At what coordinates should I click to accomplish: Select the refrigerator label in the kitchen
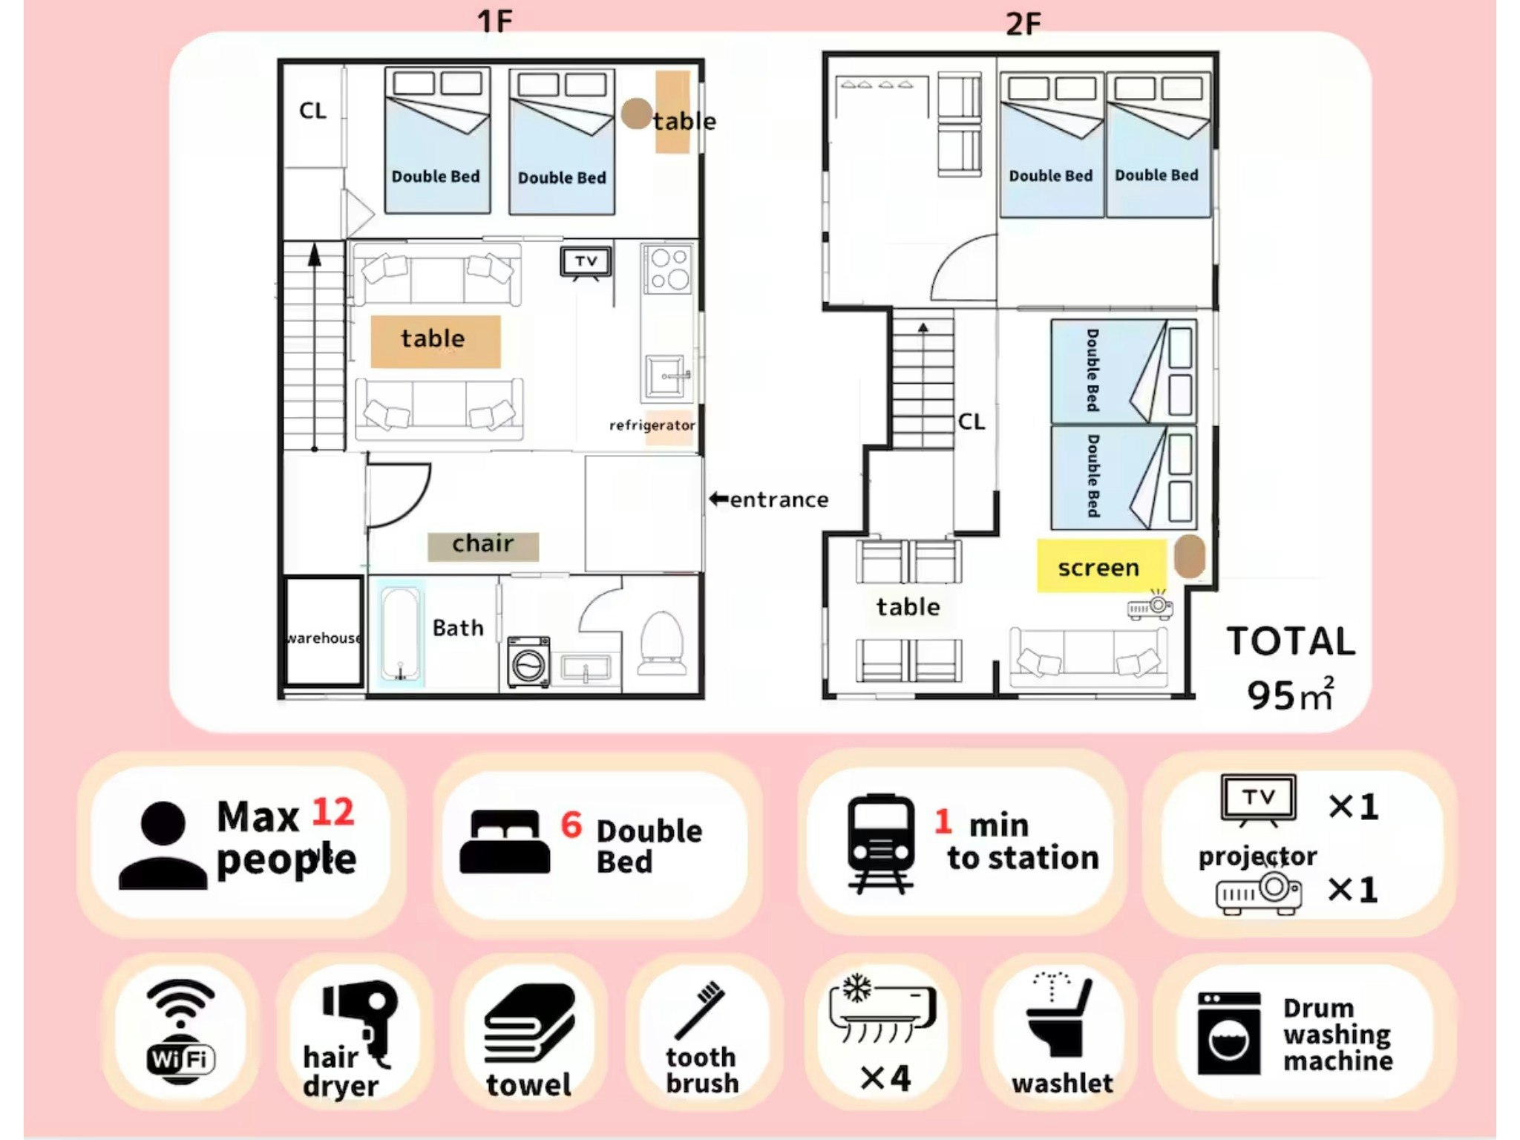coord(652,425)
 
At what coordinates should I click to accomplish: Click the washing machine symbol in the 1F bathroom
coord(528,661)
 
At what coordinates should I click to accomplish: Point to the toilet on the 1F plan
coord(661,643)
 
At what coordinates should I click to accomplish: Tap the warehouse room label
coord(324,638)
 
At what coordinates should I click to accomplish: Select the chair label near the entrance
coord(483,544)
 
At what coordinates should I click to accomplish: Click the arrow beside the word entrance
coord(718,499)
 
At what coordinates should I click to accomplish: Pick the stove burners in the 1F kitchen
coord(669,269)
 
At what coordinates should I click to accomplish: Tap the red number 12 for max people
coord(332,812)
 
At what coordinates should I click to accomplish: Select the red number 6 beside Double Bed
coord(571,825)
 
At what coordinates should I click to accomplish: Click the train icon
coord(880,844)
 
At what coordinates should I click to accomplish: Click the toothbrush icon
coord(699,1010)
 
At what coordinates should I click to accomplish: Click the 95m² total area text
coord(1290,694)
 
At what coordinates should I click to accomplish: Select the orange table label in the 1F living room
coord(436,341)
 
